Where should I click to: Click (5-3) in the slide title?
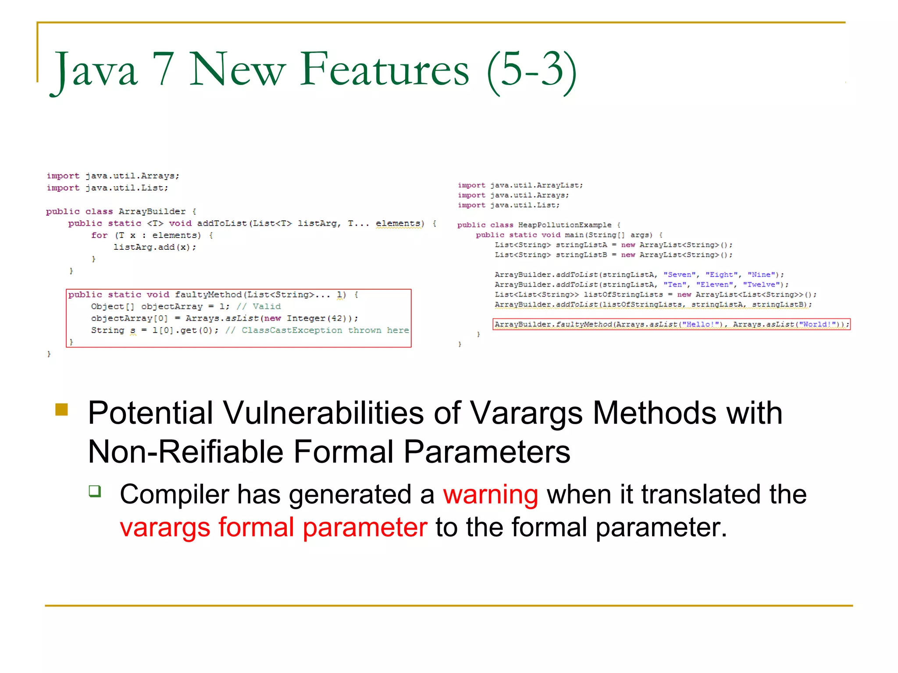coord(531,70)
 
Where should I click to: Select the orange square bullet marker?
coord(62,409)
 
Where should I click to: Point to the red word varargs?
coord(164,527)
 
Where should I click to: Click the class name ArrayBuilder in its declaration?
coord(152,212)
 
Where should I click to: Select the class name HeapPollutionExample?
coord(564,225)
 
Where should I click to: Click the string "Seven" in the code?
coord(679,275)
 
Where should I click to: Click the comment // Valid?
coord(259,307)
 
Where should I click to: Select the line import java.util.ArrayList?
coord(520,185)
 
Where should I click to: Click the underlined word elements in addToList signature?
coord(397,223)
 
